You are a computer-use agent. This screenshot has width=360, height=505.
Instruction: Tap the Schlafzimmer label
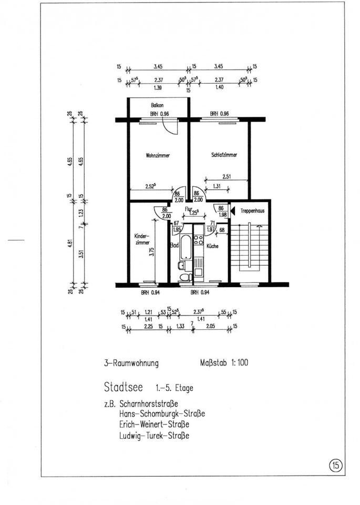point(224,155)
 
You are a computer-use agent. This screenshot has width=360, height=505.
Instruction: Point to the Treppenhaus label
point(252,210)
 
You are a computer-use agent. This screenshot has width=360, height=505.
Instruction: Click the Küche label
point(212,246)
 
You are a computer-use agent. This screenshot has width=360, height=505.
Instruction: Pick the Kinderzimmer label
point(142,239)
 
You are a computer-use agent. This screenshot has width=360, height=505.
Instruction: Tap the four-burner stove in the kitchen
point(199,240)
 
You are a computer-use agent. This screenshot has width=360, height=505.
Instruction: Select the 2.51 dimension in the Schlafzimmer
point(227,177)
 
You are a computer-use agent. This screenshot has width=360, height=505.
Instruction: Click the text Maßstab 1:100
point(224,363)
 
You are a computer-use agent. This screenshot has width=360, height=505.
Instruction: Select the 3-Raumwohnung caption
point(131,363)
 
